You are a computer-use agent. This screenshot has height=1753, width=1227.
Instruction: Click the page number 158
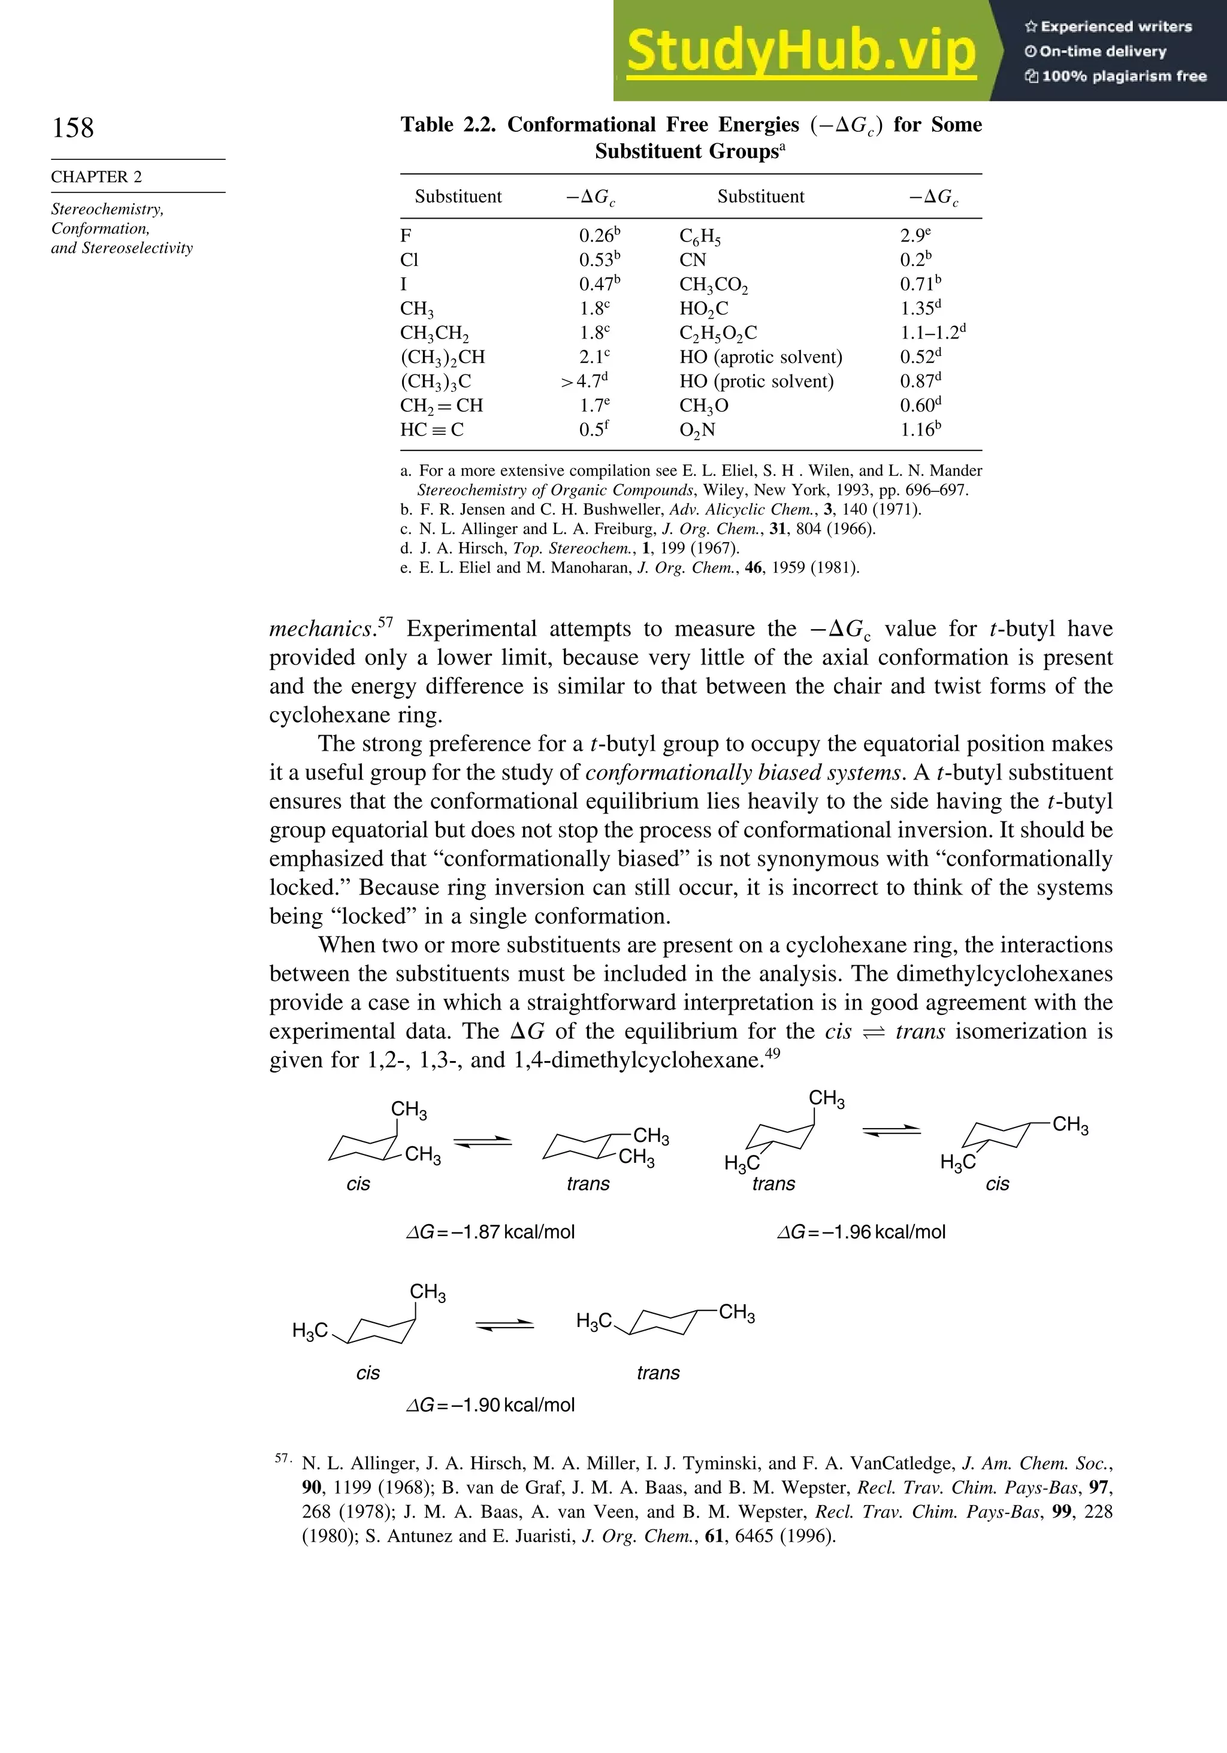click(x=73, y=128)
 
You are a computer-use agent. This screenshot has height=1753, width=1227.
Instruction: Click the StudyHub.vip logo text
click(x=801, y=50)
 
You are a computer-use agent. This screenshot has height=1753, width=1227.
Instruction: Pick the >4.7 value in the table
click(x=584, y=381)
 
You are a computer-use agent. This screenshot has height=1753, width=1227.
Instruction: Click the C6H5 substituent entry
click(x=699, y=236)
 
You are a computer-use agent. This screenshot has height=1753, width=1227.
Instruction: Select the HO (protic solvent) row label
click(x=756, y=381)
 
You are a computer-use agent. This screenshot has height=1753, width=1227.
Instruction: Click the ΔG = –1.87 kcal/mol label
click(x=490, y=1232)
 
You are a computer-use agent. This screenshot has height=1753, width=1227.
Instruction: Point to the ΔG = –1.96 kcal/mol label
click(x=862, y=1232)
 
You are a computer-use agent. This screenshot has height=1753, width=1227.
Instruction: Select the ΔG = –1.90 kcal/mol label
click(x=490, y=1405)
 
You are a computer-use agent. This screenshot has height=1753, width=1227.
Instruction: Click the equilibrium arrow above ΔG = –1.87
click(x=482, y=1142)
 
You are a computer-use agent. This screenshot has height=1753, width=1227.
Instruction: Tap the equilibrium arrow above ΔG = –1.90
click(x=504, y=1325)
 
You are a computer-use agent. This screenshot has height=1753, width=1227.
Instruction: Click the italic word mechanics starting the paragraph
click(x=321, y=629)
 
